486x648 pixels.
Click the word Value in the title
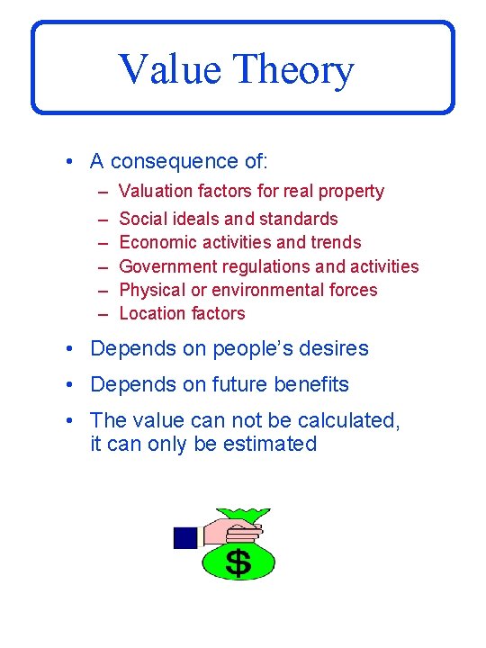tap(168, 69)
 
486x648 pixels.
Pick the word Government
tap(166, 266)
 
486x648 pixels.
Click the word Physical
tap(149, 290)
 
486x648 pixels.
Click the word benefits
tap(304, 384)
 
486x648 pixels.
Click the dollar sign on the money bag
tap(238, 562)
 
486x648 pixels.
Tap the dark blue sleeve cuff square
tap(185, 537)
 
